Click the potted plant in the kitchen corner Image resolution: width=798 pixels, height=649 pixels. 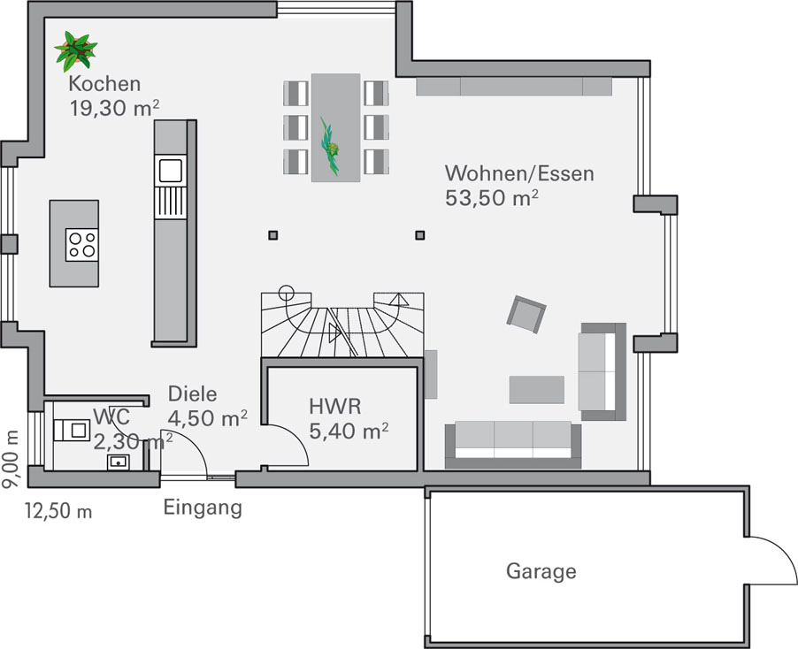pos(76,51)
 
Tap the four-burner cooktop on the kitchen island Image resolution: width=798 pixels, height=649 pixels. pos(82,245)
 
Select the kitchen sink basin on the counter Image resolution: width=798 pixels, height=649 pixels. pos(171,170)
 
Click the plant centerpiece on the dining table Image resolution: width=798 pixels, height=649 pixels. pos(331,147)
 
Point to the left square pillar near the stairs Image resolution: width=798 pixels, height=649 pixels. pos(273,235)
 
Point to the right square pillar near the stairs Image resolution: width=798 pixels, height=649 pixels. pos(420,235)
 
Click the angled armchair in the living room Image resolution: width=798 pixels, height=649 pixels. pos(526,314)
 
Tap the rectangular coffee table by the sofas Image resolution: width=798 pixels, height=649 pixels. pos(537,390)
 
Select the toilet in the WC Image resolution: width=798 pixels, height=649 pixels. pos(72,431)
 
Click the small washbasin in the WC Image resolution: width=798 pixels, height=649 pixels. pos(118,462)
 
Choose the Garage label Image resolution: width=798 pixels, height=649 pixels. pos(541,571)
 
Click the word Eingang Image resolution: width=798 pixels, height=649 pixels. pos(203,508)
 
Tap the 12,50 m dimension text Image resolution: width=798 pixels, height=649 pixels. pos(58,511)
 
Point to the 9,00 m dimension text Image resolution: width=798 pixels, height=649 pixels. pos(11,459)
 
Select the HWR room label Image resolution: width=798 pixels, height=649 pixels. pos(335,407)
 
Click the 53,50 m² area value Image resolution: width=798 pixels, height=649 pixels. pos(492,197)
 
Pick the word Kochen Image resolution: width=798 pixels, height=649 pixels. pos(104,84)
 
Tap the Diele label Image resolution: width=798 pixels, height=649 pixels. pos(192,394)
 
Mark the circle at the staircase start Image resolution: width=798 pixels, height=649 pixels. pos(287,293)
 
